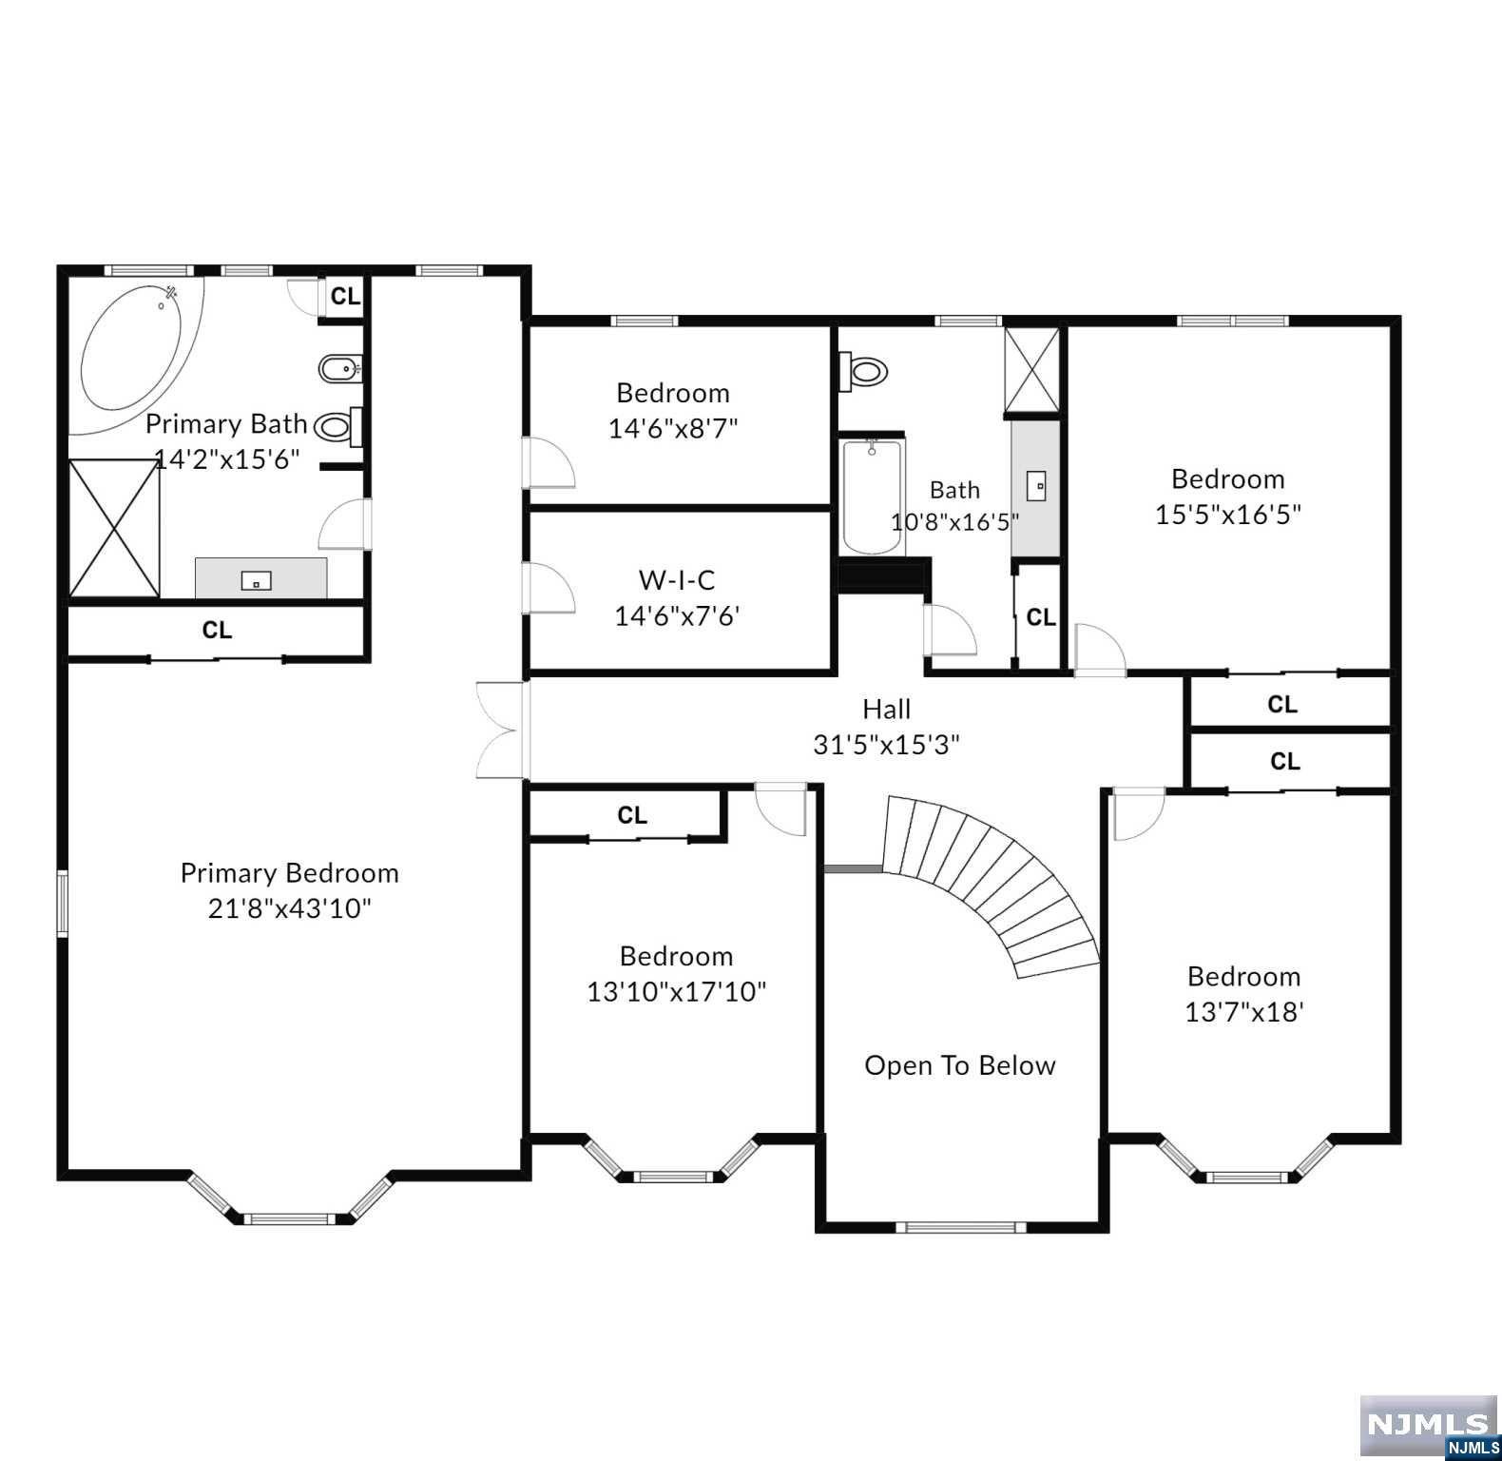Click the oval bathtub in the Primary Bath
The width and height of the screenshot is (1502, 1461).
(133, 352)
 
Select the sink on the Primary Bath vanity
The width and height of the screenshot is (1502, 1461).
(257, 579)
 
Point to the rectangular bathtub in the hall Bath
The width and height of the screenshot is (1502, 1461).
(872, 496)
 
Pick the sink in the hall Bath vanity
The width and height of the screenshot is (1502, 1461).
(1036, 486)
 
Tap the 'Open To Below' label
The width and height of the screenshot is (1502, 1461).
(960, 1065)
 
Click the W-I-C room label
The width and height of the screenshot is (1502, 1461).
(677, 579)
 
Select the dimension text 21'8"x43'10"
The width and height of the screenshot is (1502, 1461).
(290, 908)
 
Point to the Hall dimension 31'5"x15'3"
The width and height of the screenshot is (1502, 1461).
(886, 744)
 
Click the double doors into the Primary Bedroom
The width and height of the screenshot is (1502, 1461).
(501, 730)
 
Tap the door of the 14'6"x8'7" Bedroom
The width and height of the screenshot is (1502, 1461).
(549, 462)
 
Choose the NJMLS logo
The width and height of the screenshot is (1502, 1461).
(1429, 1427)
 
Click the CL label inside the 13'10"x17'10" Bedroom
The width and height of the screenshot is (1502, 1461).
(632, 815)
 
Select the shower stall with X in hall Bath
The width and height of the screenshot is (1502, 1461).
(1032, 370)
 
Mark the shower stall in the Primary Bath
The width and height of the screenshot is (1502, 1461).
(114, 528)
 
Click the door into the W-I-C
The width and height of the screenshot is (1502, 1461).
(549, 589)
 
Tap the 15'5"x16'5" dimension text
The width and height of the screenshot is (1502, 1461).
(1228, 515)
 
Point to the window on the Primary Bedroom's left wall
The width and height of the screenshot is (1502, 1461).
(63, 904)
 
